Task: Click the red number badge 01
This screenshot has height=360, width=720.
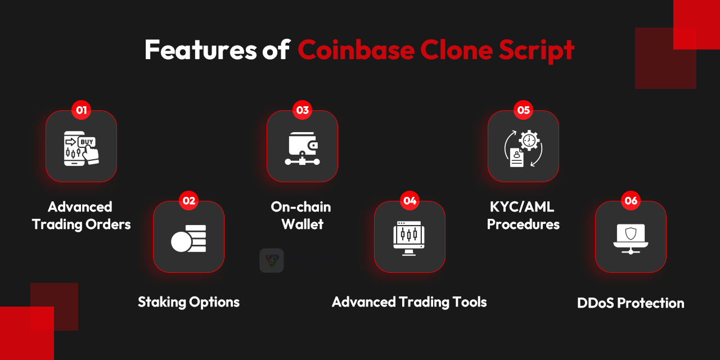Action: click(x=81, y=110)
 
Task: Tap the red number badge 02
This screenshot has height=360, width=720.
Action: click(x=189, y=200)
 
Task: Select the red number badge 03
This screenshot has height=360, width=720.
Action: click(x=303, y=110)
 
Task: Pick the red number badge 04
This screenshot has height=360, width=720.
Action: click(x=410, y=200)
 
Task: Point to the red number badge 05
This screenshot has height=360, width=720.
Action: click(x=524, y=110)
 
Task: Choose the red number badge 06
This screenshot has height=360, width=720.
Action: click(x=631, y=200)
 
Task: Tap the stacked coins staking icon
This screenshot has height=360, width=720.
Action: click(x=189, y=238)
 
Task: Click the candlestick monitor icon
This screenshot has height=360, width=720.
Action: click(x=410, y=238)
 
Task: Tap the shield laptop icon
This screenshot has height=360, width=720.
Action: click(x=631, y=238)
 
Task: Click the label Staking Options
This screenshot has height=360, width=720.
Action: click(x=189, y=302)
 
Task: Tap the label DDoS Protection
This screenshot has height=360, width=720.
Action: click(x=631, y=303)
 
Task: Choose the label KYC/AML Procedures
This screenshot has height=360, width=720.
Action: click(x=523, y=215)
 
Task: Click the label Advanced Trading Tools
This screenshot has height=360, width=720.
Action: click(x=409, y=302)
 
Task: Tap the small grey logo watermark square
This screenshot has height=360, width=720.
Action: click(x=272, y=260)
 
